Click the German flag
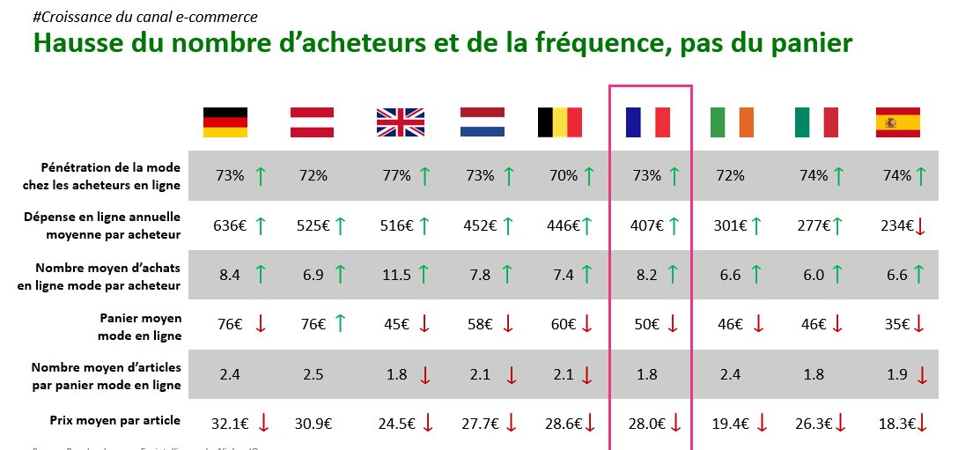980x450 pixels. (x=225, y=122)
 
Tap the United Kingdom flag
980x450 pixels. (x=400, y=122)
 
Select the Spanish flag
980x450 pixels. (x=897, y=122)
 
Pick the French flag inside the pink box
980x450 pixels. (x=648, y=122)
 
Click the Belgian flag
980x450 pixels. (x=560, y=122)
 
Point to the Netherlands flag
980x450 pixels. (x=482, y=122)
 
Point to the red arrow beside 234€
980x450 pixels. (x=920, y=227)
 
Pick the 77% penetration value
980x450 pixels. (x=396, y=176)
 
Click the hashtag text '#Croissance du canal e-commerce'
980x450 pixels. (x=145, y=17)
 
